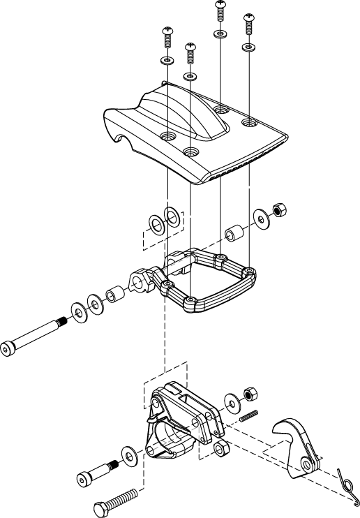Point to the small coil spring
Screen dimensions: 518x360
[x=249, y=416]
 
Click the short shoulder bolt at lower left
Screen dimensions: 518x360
[x=95, y=472]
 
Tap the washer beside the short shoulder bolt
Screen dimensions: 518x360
[x=130, y=455]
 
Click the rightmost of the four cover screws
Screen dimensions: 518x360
[x=248, y=25]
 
